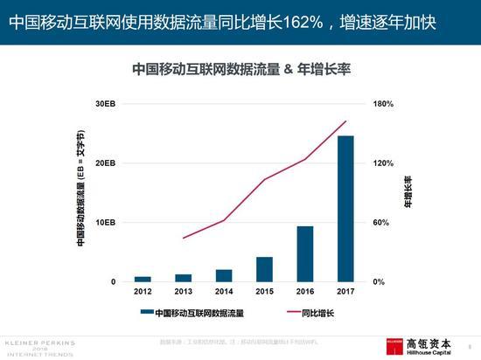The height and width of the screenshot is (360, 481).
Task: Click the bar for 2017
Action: [x=345, y=209]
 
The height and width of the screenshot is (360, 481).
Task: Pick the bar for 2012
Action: [x=143, y=279]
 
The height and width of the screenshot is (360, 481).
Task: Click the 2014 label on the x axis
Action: [x=224, y=292]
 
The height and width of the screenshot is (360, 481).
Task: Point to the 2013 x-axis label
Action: [x=184, y=292]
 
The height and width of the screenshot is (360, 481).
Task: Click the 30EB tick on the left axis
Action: [x=105, y=104]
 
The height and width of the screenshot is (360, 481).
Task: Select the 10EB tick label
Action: [x=105, y=223]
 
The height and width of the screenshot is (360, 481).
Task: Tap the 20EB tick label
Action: [x=105, y=163]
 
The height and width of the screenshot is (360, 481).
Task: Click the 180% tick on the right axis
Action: [x=384, y=104]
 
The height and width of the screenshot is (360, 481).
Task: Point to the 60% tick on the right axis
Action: [x=382, y=223]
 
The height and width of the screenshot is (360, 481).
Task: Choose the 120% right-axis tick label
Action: [x=384, y=163]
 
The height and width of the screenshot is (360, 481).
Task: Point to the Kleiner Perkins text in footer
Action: [x=40, y=343]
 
